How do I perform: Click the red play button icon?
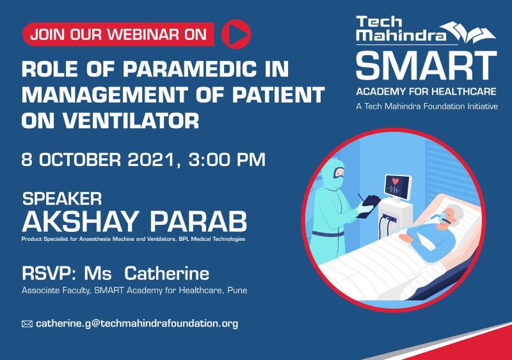tap(236, 35)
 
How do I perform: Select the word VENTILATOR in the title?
tap(131, 120)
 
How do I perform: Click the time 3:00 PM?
tap(227, 160)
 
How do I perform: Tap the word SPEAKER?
tap(62, 199)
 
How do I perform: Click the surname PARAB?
tap(198, 222)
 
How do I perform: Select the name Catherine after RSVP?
tap(166, 274)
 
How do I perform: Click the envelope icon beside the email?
tap(27, 324)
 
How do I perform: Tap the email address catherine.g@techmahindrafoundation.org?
tap(137, 323)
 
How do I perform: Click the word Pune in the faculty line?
tap(237, 290)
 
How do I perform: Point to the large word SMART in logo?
tap(426, 65)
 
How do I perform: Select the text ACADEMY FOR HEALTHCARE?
tap(426, 92)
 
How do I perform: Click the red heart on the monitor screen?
tap(396, 181)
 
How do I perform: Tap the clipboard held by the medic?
tap(369, 206)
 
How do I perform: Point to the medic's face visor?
tap(339, 172)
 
